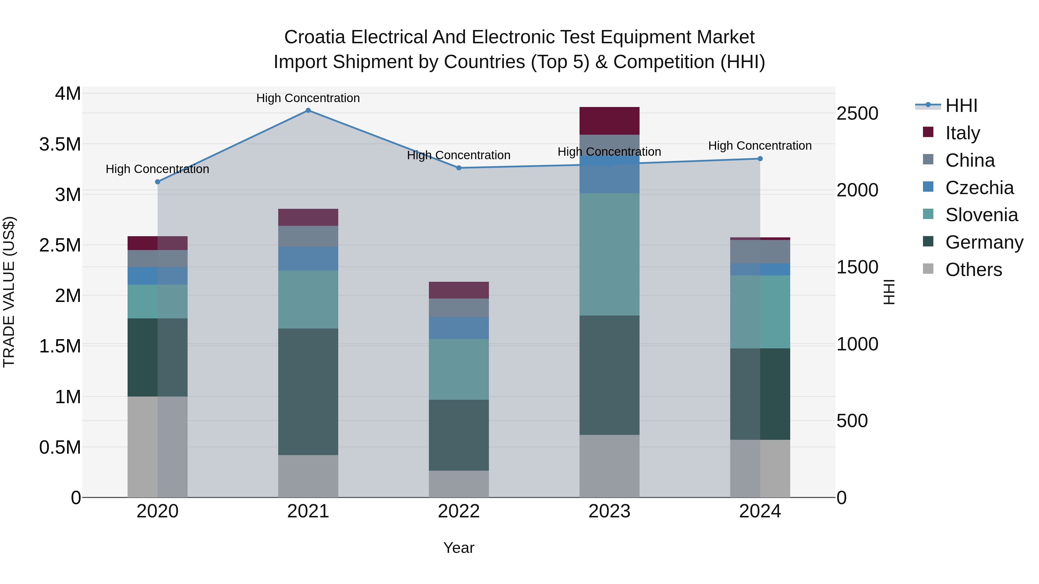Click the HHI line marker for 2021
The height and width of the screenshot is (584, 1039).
(x=308, y=110)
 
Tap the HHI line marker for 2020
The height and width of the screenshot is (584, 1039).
(x=158, y=182)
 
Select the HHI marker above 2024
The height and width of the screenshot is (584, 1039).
(x=760, y=159)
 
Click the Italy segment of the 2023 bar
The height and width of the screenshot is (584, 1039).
(x=610, y=121)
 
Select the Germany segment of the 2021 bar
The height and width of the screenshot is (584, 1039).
(x=308, y=392)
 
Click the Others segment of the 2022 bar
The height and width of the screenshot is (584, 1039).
(x=459, y=484)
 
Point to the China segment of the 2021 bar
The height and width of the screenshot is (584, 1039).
(x=308, y=236)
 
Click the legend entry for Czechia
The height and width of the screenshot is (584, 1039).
(x=979, y=188)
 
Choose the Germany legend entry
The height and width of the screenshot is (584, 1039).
(x=984, y=242)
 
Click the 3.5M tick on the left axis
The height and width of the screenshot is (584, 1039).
(x=60, y=144)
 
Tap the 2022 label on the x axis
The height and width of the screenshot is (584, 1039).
(x=459, y=511)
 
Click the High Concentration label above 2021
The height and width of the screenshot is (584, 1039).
(x=308, y=98)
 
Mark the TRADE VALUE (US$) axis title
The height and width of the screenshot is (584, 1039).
(x=9, y=292)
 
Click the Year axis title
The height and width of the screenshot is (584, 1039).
(x=459, y=548)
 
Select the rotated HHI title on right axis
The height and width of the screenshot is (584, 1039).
(x=889, y=292)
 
